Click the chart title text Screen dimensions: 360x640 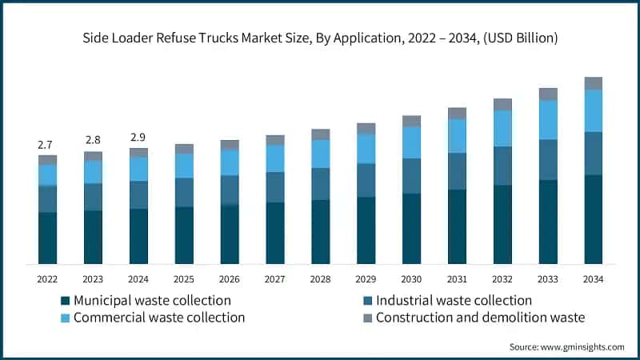tap(320, 38)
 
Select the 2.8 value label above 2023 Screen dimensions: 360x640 tap(93, 141)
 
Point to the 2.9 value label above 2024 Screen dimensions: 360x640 tap(138, 138)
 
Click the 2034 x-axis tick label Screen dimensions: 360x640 tap(593, 278)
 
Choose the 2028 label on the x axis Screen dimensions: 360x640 tap(320, 278)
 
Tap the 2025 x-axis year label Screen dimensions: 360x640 tap(184, 278)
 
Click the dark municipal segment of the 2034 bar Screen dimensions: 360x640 tap(593, 219)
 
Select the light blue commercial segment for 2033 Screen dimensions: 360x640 tap(547, 120)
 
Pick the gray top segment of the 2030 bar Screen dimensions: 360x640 tap(411, 121)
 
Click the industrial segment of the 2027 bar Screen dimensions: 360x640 tap(275, 187)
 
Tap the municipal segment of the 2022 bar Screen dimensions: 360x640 tap(47, 238)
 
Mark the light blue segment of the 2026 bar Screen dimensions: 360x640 tap(230, 162)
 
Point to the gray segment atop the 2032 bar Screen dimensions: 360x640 tap(502, 104)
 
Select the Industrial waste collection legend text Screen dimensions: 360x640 tap(454, 301)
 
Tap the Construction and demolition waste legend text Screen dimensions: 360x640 tap(480, 318)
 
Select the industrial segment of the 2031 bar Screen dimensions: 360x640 tap(457, 171)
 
